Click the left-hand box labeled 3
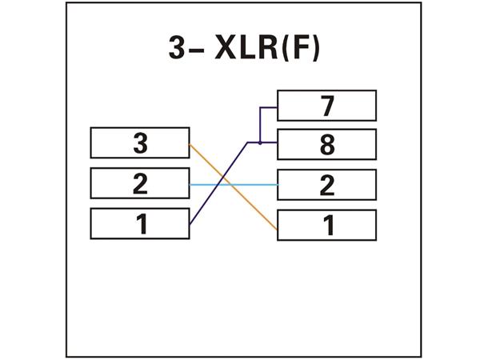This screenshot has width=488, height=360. (140, 143)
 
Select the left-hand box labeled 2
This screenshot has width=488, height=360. (140, 184)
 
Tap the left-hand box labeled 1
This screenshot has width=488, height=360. (140, 224)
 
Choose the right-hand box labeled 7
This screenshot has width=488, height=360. (326, 105)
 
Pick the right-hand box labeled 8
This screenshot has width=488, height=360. (326, 145)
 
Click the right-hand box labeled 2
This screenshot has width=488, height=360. (326, 186)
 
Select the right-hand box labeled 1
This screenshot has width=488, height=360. (326, 226)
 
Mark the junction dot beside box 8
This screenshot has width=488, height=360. (260, 142)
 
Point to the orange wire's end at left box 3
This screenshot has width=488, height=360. (191, 145)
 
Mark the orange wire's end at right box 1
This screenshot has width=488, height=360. (276, 230)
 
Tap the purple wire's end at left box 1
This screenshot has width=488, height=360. (191, 224)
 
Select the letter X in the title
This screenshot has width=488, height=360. (226, 49)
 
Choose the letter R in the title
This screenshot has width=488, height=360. (269, 49)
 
